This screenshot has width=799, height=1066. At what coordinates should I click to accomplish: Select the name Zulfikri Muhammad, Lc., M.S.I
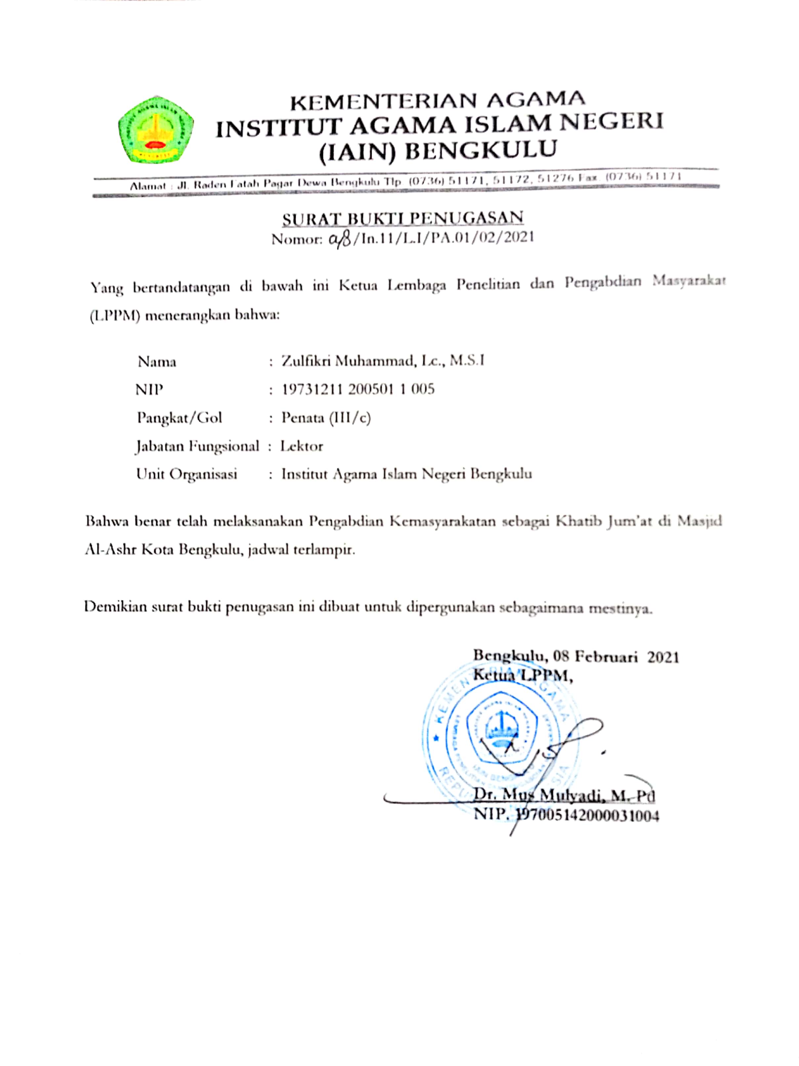(x=383, y=361)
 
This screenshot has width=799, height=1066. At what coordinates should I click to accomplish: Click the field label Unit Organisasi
(x=187, y=474)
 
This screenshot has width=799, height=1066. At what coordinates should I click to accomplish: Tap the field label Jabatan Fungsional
(x=197, y=446)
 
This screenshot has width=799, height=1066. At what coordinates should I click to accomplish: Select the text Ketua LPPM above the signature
(x=522, y=675)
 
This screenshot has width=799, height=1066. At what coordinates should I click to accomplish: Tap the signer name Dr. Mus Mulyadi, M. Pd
(x=564, y=795)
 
